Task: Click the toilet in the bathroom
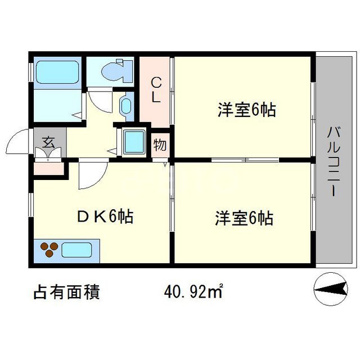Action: point(116,71)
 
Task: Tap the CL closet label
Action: point(156,90)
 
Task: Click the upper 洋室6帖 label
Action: point(246,110)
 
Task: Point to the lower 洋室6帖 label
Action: point(244,218)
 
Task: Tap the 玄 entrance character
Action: point(49,141)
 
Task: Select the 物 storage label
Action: point(160,145)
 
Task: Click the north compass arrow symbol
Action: point(328,289)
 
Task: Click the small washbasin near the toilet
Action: point(125,106)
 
